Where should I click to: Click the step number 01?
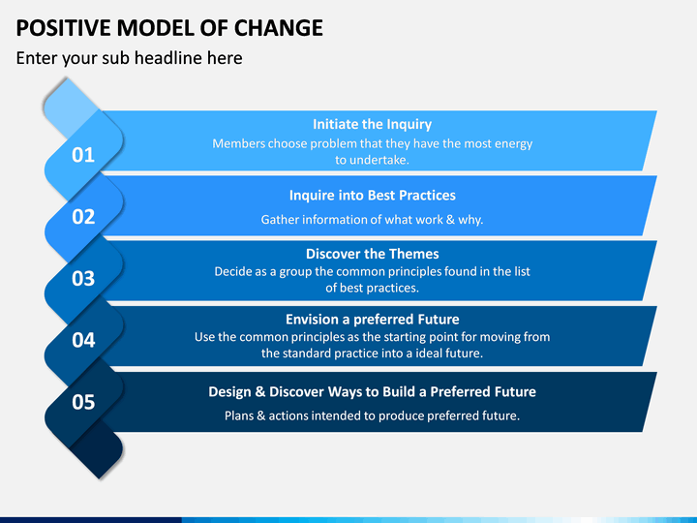pyautogui.click(x=83, y=155)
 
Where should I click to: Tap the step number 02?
pyautogui.click(x=83, y=217)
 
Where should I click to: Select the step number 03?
pyautogui.click(x=83, y=278)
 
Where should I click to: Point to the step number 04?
pyautogui.click(x=83, y=340)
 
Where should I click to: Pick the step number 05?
pyautogui.click(x=83, y=402)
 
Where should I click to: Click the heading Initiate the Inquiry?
pyautogui.click(x=372, y=125)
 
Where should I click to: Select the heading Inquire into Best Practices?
pyautogui.click(x=373, y=196)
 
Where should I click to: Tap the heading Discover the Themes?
pyautogui.click(x=373, y=254)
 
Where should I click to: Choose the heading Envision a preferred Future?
pyautogui.click(x=373, y=320)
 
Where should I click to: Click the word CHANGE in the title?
pyautogui.click(x=278, y=28)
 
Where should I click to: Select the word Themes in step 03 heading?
pyautogui.click(x=417, y=254)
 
